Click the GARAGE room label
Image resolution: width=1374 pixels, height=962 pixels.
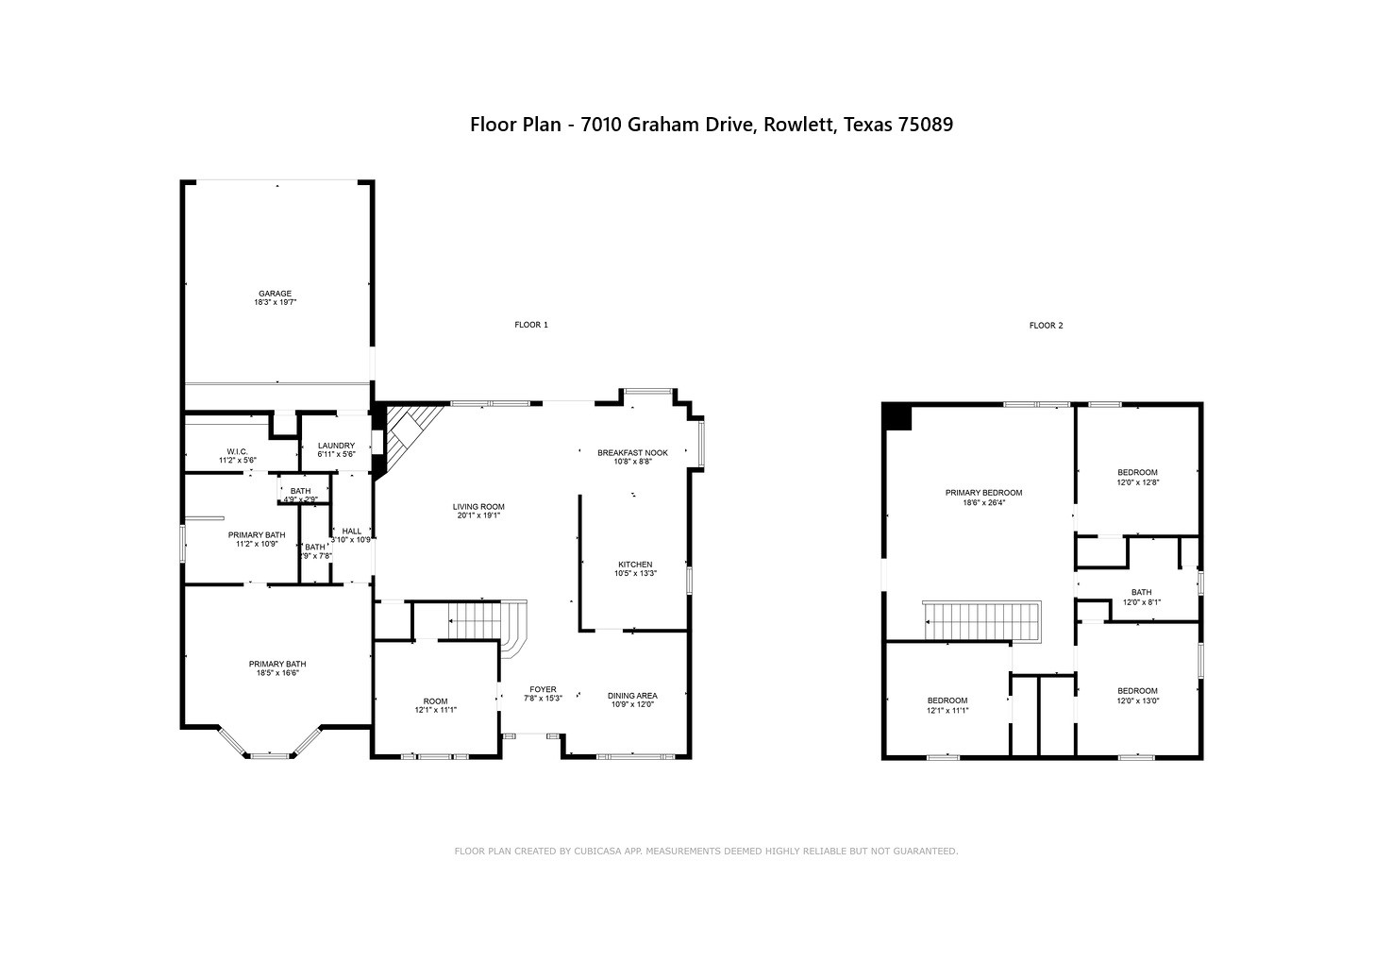[275, 294]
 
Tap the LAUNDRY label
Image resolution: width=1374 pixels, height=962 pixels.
[336, 446]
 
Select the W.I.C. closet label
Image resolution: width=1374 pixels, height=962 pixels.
[238, 451]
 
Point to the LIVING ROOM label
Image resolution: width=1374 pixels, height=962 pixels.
[478, 507]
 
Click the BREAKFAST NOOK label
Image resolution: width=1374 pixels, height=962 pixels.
[632, 453]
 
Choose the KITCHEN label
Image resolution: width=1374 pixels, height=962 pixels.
[635, 565]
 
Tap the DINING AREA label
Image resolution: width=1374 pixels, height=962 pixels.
[632, 696]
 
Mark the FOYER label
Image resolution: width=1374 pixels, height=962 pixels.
[543, 689]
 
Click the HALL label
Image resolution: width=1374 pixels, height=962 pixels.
[351, 532]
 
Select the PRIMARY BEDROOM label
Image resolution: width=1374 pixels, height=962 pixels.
[984, 493]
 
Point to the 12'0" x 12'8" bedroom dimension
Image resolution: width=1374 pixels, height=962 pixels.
[1138, 482]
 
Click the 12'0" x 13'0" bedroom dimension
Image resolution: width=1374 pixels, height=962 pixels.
[1138, 700]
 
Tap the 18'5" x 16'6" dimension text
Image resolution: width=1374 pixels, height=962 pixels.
[277, 672]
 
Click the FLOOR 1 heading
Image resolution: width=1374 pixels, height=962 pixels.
[531, 325]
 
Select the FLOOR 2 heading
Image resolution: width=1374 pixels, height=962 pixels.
[1047, 325]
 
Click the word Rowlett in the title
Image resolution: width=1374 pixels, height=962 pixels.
[799, 125]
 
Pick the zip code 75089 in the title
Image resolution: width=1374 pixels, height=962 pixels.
[926, 125]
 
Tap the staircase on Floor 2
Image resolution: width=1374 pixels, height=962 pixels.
[982, 622]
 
